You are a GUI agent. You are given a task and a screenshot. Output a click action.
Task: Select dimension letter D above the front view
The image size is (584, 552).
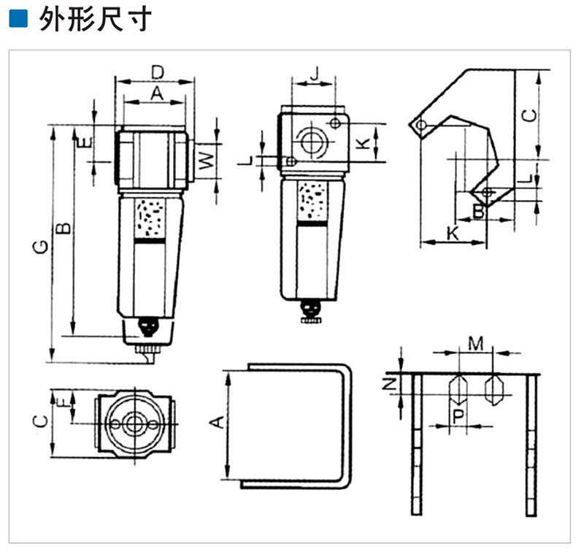156,72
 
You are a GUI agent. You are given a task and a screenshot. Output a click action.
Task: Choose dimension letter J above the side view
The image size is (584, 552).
314,73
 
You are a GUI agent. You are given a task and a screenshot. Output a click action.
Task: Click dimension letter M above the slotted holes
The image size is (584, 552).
475,343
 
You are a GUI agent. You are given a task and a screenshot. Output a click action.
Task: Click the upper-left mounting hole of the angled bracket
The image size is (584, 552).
421,126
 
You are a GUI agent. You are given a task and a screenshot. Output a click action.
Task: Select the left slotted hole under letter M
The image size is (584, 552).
458,389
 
